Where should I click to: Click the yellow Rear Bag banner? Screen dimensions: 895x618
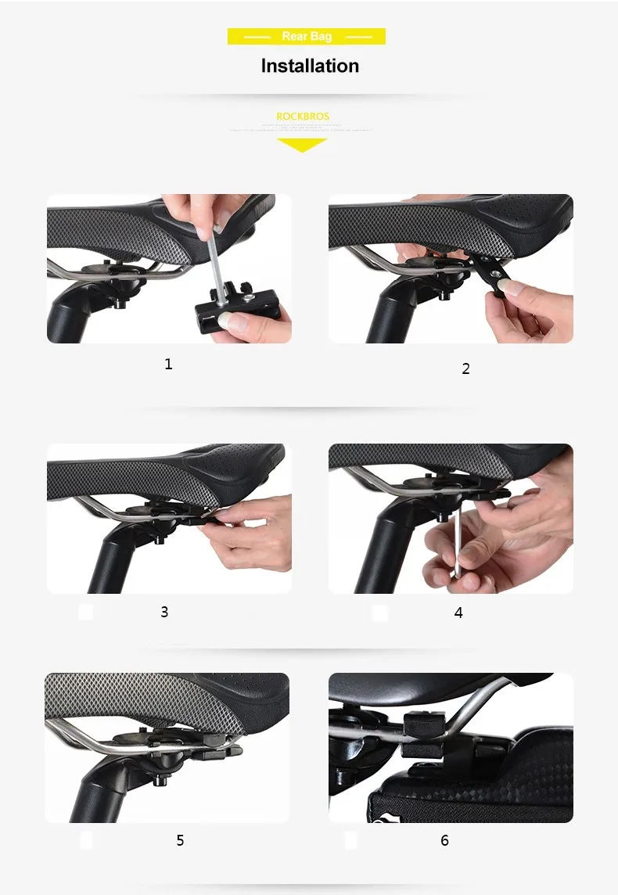coord(306,37)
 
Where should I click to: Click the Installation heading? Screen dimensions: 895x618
coord(310,66)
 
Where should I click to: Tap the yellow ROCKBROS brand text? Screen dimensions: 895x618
coord(303,117)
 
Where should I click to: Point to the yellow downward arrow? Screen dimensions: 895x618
coord(302,145)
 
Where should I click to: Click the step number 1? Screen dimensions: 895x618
coord(168,364)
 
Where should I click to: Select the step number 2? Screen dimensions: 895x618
coord(465,368)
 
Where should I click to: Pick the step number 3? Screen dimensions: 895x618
coord(164,612)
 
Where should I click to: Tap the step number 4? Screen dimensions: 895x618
coord(458,613)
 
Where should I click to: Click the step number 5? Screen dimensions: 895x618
coord(180,840)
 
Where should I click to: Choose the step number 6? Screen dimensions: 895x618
coord(444,840)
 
